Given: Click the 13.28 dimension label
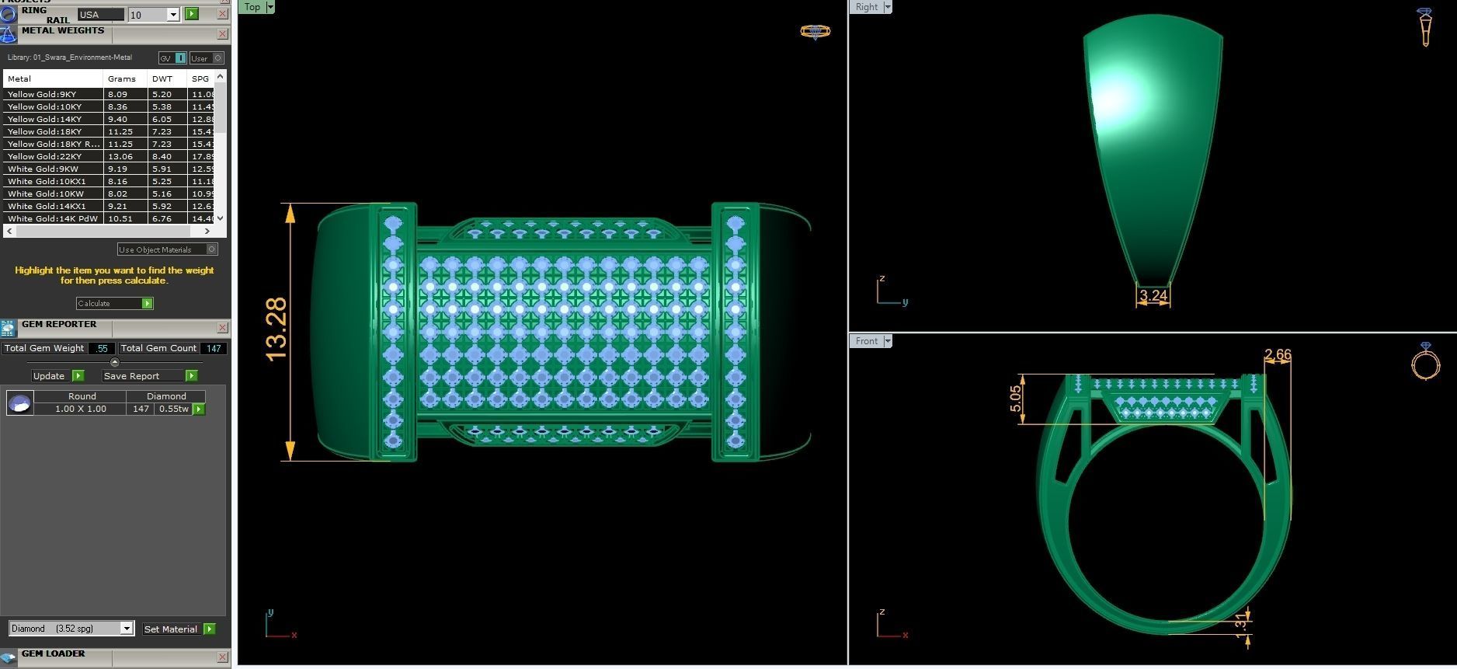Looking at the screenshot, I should coord(276,329).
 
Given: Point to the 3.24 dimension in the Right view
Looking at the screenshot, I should coord(1153,295).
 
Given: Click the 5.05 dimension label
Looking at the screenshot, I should coord(1016,399).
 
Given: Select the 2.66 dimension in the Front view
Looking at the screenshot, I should coord(1278,355).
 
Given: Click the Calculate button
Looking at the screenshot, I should coord(114,303).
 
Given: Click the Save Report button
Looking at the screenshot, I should coord(149,376).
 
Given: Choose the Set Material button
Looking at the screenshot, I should coord(179,629).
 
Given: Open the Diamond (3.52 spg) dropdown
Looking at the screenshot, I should coord(127,629).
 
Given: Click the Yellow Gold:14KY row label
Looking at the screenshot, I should coord(45,119).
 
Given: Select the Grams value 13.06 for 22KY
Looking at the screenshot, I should coord(120,156).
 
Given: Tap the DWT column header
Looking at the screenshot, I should coord(162,78).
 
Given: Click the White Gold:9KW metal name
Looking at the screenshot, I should coord(43,169).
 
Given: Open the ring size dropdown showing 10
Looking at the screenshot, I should coord(173,15).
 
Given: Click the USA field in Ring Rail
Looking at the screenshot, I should coord(100,15).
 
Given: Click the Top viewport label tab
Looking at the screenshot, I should coord(252,7).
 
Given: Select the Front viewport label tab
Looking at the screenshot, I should coord(866,341).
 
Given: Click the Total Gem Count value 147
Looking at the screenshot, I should coord(214,348).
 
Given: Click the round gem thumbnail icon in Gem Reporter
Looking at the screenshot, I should coord(20,402).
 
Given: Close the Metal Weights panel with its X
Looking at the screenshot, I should coord(222,34).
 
